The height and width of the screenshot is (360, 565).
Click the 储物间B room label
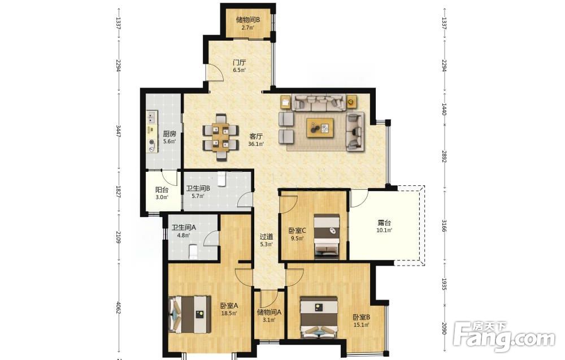248,20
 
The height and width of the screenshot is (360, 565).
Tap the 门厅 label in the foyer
239,63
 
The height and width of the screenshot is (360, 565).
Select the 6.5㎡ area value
239,70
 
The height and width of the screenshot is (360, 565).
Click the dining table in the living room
220,137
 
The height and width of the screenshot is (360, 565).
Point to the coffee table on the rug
320,128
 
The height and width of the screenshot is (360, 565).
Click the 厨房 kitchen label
169,134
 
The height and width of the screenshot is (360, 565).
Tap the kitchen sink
151,116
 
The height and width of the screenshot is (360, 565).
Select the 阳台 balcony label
162,190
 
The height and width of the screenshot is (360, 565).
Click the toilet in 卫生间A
193,252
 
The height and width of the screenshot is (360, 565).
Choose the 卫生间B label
198,188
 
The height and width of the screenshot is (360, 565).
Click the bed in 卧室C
327,236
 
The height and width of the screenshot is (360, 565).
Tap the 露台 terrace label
384,223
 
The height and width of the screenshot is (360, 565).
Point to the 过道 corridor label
267,237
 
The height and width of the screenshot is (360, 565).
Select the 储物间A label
269,312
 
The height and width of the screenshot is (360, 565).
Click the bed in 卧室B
319,318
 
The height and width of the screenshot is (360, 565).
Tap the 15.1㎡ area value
362,325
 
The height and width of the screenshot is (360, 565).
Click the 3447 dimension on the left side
118,132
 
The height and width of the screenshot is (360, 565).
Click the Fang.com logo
504,337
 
